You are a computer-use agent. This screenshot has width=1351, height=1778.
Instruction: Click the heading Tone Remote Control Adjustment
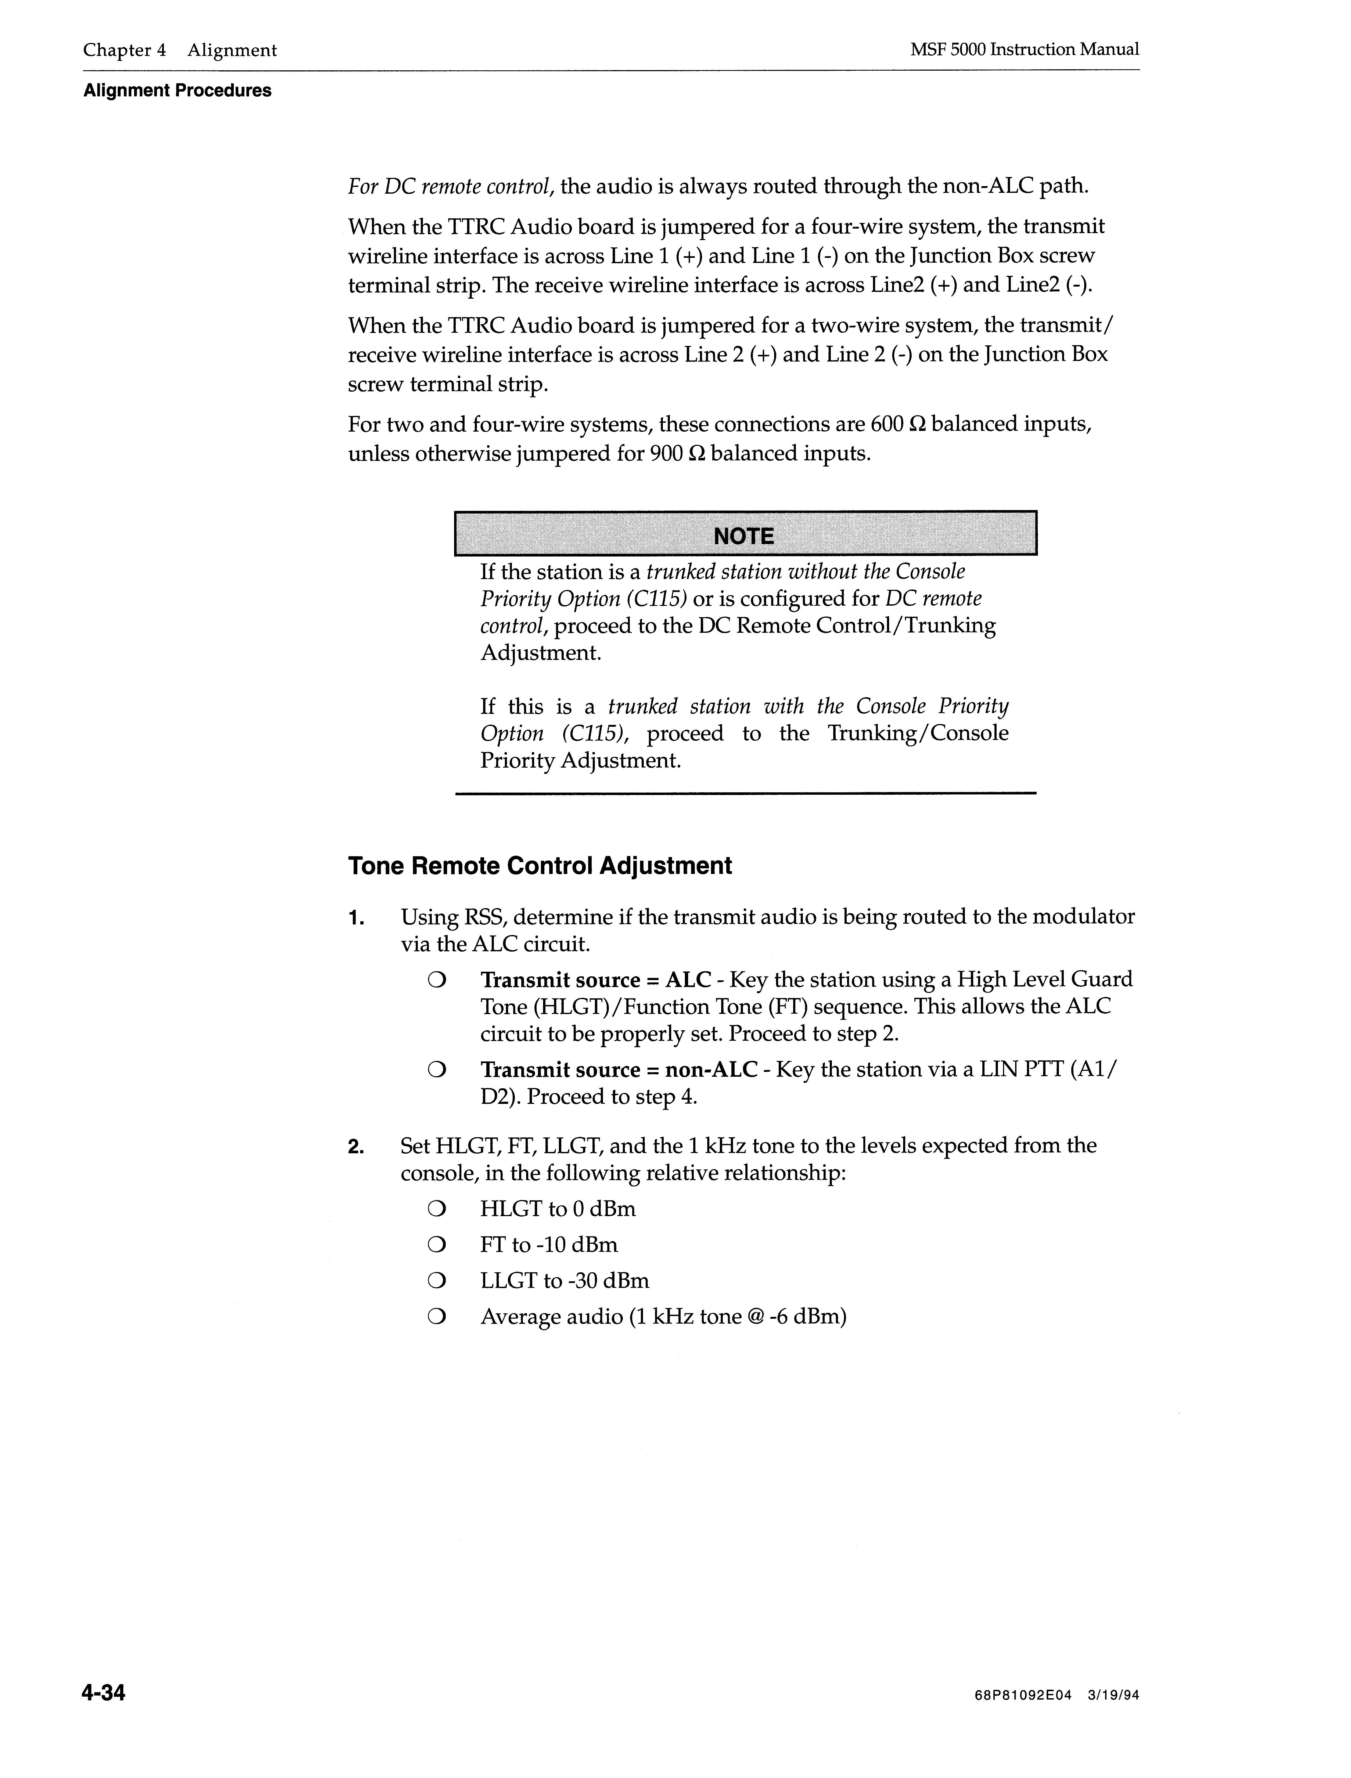coord(540,866)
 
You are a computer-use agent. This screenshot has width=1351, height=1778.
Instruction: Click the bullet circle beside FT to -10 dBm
coord(436,1245)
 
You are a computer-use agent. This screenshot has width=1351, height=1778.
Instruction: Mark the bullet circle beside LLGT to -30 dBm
coord(436,1281)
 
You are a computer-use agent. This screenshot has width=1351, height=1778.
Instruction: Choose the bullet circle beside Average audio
coord(436,1317)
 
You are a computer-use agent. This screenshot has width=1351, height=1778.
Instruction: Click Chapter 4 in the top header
coord(125,50)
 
